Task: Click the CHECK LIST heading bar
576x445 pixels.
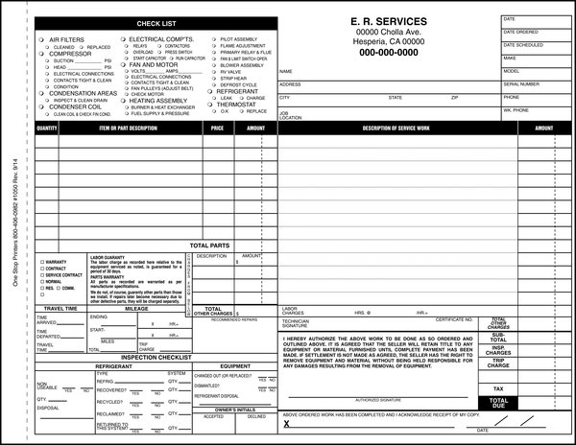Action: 156,23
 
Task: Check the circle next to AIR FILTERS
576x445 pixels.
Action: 39,39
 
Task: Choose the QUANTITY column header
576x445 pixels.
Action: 47,127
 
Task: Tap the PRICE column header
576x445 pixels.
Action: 217,127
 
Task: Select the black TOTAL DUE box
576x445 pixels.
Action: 498,403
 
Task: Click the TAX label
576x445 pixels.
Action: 498,388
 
